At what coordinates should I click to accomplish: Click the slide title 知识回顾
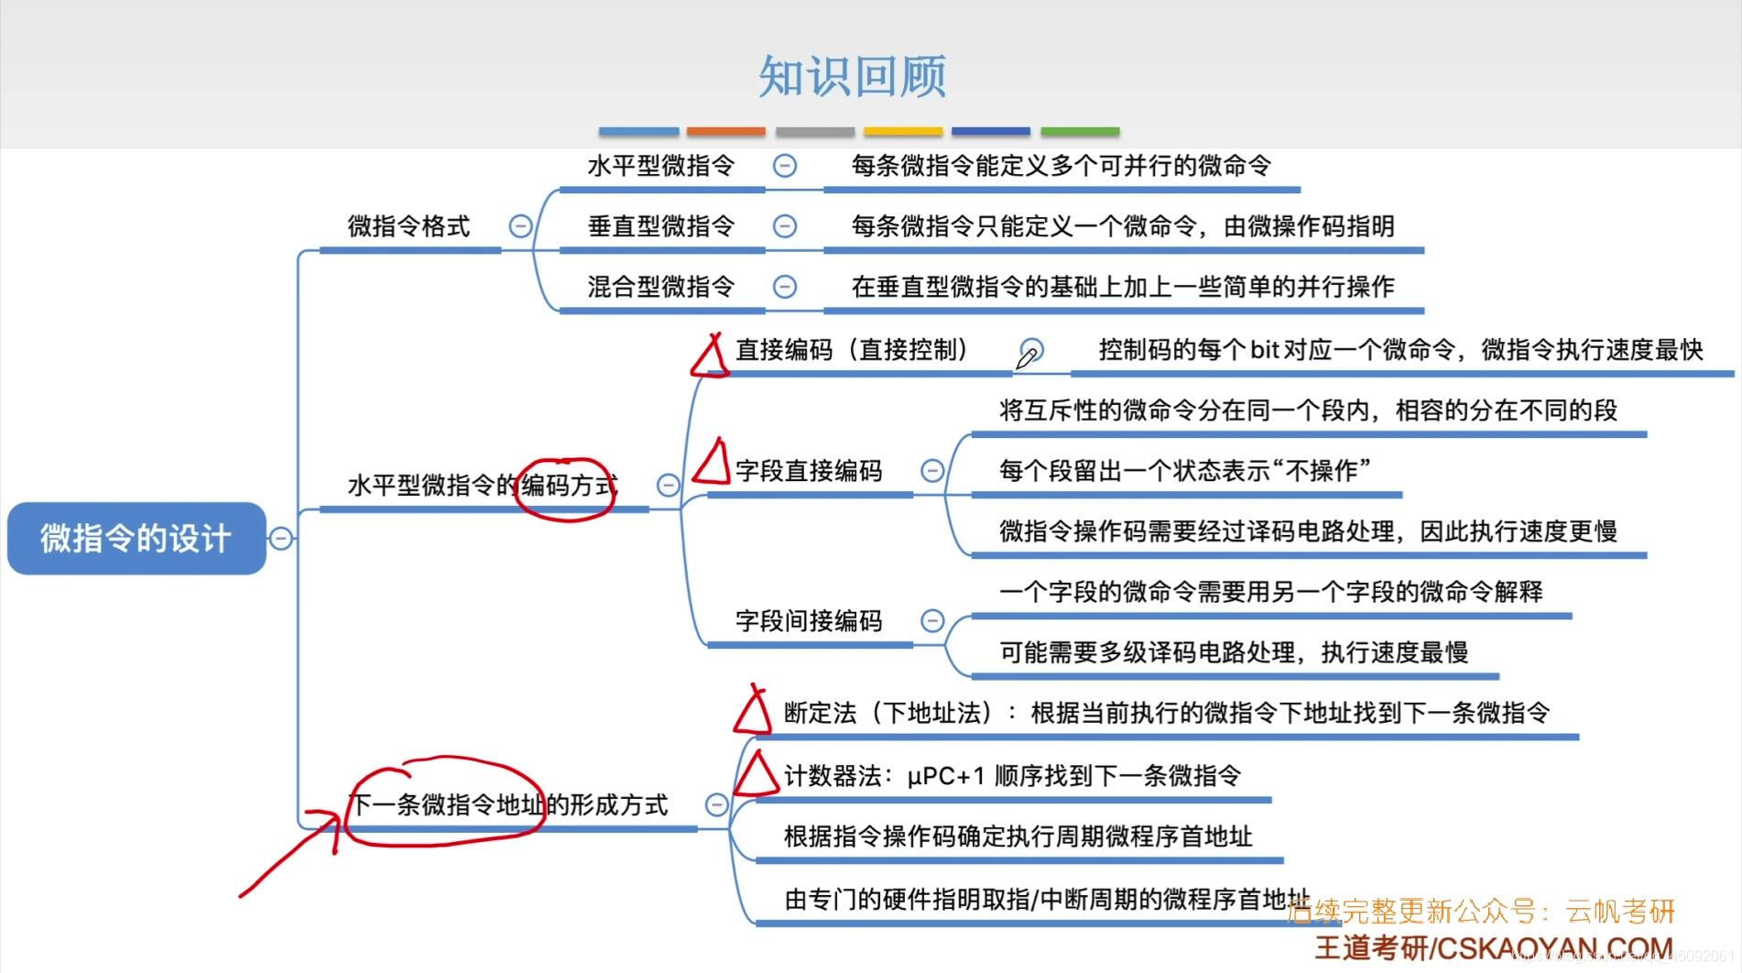coord(852,76)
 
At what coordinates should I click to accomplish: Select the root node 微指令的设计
coord(136,538)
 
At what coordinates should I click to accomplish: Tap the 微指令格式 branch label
coord(408,226)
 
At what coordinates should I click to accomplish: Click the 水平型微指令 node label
coord(660,166)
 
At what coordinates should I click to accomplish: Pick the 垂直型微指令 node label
coord(660,226)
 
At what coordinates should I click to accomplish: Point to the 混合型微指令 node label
coord(660,287)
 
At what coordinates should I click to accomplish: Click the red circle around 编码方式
coord(565,489)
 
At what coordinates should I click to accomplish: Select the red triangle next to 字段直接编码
coord(712,462)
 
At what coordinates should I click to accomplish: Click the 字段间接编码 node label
coord(809,621)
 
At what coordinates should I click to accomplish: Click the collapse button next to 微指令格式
coord(520,226)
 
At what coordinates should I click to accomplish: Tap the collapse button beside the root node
coord(281,538)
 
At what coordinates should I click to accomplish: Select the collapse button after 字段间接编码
coord(932,621)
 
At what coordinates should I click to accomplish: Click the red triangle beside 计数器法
coord(757,775)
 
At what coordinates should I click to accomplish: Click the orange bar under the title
coord(725,132)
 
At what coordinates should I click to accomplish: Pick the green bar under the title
coord(1080,132)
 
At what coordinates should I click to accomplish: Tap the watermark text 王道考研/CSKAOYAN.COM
coord(1494,947)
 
